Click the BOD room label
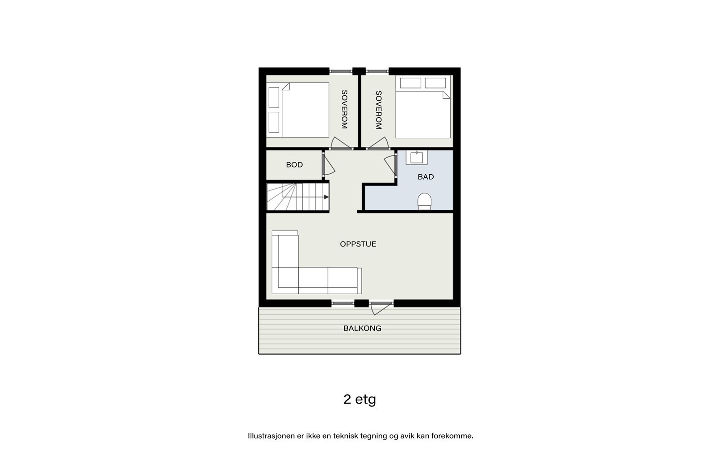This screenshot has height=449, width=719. click(x=294, y=165)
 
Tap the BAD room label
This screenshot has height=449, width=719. click(x=426, y=177)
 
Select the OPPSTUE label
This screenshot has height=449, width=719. click(x=358, y=244)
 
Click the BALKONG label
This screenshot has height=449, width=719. click(x=362, y=328)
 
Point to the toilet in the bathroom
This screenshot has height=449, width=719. click(x=425, y=201)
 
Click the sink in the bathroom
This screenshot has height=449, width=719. click(x=417, y=158)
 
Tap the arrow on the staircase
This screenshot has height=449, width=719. click(x=326, y=197)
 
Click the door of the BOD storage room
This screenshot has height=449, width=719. click(x=328, y=165)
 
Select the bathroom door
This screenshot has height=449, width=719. click(x=390, y=165)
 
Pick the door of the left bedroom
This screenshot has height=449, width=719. click(x=340, y=143)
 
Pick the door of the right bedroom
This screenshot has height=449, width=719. click(x=378, y=143)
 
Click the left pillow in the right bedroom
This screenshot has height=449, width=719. click(x=410, y=83)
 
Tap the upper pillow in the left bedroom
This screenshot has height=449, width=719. click(x=274, y=97)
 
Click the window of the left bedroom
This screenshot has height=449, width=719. click(x=341, y=71)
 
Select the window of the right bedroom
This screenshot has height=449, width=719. click(x=377, y=71)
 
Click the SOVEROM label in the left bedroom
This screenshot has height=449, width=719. click(x=344, y=110)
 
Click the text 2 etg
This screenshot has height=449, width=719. click(x=359, y=399)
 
